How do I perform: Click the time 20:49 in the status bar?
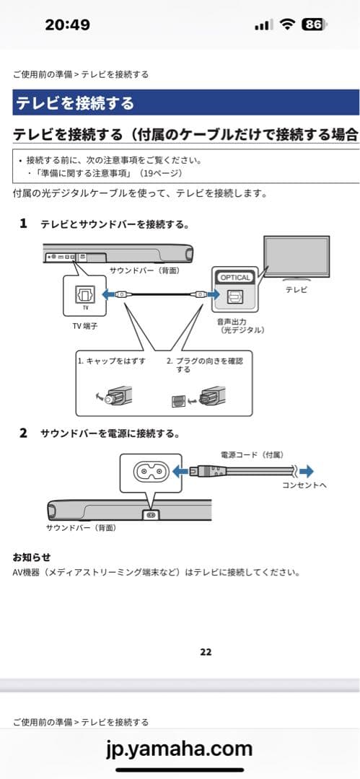click(x=67, y=25)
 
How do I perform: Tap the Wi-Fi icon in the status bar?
click(x=288, y=25)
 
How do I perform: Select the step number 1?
click(x=23, y=224)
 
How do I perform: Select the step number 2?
click(x=23, y=433)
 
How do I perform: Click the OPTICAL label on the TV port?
click(x=235, y=277)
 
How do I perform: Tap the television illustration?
click(x=296, y=259)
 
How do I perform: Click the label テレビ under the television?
click(x=296, y=289)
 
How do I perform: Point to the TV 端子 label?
click(x=85, y=326)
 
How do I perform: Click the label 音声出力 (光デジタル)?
click(x=241, y=325)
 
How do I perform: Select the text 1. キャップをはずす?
click(x=111, y=360)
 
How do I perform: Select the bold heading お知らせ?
click(x=32, y=557)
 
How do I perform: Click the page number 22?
click(x=206, y=651)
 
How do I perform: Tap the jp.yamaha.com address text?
click(x=180, y=748)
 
